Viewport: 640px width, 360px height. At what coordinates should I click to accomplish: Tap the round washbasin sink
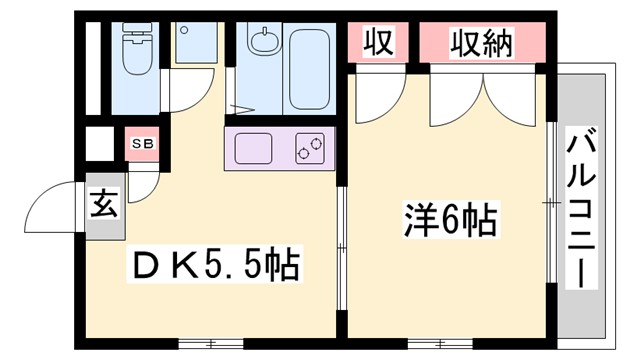263,42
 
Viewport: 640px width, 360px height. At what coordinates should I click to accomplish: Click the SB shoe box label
142,144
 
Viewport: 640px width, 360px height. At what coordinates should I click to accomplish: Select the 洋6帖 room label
450,219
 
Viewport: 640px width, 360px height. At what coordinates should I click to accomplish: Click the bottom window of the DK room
209,343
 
